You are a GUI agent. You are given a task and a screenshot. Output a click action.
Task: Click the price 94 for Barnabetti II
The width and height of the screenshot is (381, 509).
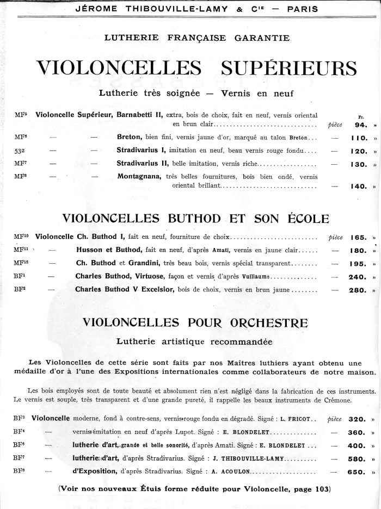coord(361,124)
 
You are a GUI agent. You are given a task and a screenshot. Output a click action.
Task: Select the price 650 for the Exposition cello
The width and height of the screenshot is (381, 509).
coord(356,472)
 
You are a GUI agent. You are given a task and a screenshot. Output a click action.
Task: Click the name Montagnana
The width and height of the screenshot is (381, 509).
coord(139,176)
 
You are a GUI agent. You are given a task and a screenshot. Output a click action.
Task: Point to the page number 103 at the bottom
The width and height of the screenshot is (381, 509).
coord(322,489)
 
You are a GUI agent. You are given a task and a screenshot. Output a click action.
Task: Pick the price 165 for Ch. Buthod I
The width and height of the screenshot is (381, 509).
coord(359,237)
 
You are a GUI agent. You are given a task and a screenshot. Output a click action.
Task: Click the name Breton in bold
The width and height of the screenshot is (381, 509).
coord(130,137)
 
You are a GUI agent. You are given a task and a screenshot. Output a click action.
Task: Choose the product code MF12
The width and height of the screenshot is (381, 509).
coord(21,263)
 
